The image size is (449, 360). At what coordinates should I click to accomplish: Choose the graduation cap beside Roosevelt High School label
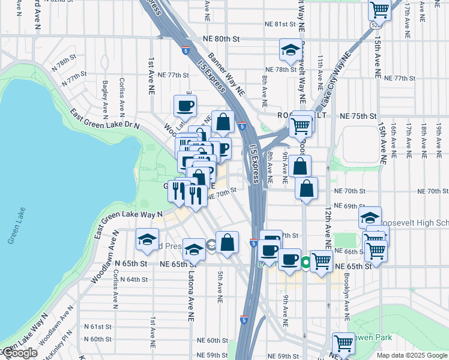(370, 217)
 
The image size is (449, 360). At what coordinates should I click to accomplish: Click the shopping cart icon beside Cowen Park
(343, 343)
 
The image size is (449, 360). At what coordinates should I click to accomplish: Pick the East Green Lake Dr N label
(104, 119)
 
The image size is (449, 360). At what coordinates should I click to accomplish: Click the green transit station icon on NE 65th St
(306, 262)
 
